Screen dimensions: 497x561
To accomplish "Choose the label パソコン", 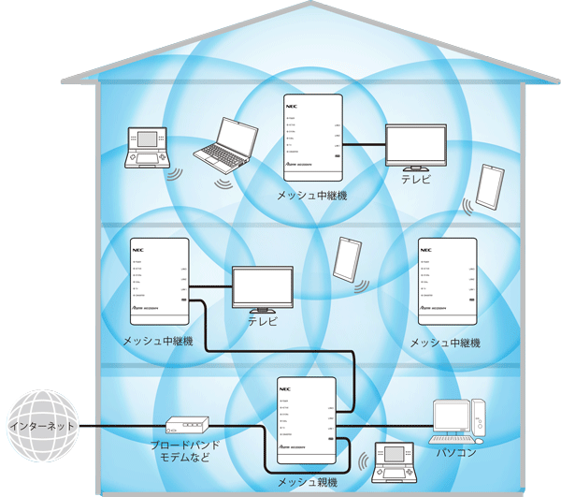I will point(456,454).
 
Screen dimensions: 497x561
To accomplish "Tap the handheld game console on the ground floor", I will point(393,460).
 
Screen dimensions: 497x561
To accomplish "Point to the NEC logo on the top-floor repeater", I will point(291,107).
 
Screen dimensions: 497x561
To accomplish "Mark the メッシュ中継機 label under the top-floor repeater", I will point(313,196).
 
